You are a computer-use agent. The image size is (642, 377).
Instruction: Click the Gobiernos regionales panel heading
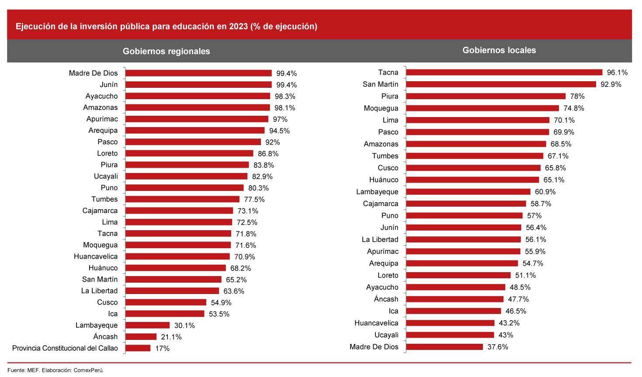(x=166, y=51)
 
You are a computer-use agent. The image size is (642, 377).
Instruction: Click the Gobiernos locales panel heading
(x=499, y=50)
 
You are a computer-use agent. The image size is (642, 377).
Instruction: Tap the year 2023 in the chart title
(x=238, y=26)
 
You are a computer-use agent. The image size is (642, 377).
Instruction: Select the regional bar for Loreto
(x=189, y=153)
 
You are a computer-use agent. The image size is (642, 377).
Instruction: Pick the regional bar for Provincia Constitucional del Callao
(x=138, y=348)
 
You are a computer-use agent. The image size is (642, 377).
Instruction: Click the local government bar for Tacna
(x=504, y=73)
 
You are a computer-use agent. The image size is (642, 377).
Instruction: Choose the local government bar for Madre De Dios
(x=444, y=347)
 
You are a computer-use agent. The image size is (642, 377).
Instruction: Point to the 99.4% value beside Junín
(x=286, y=85)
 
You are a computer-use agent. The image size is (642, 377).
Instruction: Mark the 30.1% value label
(x=184, y=325)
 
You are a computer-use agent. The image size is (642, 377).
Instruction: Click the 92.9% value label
(x=611, y=84)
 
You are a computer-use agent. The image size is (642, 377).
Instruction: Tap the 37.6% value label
(x=497, y=347)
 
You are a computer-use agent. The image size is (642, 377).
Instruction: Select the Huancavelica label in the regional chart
(x=96, y=256)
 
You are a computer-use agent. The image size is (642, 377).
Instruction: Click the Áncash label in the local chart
(x=386, y=299)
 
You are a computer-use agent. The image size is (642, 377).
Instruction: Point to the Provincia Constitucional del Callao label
(x=65, y=348)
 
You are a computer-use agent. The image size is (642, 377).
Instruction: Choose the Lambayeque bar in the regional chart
(x=148, y=325)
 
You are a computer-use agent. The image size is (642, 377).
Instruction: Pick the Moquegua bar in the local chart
(x=482, y=108)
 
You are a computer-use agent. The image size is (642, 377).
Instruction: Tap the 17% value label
(x=162, y=348)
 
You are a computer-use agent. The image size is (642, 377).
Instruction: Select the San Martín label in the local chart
(x=380, y=84)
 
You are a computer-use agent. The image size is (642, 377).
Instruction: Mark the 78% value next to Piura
(x=577, y=96)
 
